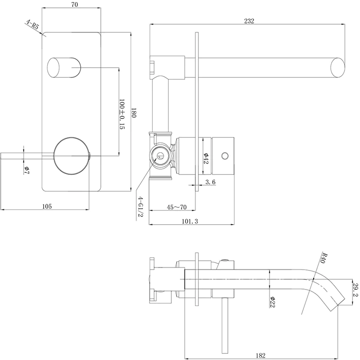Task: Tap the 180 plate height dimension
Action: pos(133,113)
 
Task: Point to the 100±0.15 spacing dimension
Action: pos(122,114)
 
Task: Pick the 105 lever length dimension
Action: pos(47,206)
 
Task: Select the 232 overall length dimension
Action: pos(249,21)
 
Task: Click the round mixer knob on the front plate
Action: pos(72,156)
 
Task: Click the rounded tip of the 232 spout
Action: pos(338,68)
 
